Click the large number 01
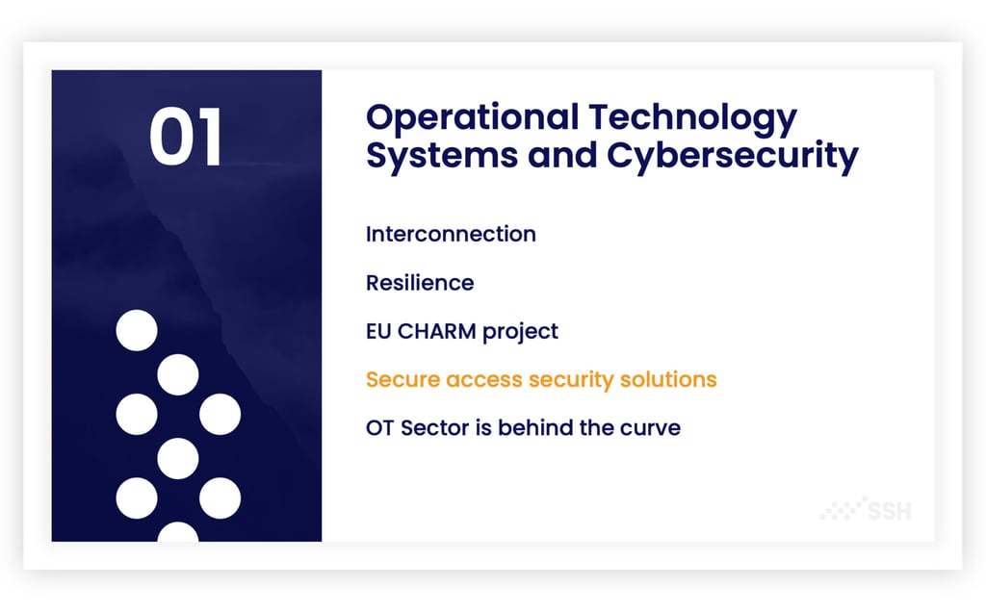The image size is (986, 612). pyautogui.click(x=186, y=137)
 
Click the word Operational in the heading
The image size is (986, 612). pyautogui.click(x=472, y=117)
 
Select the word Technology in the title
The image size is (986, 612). pyautogui.click(x=693, y=119)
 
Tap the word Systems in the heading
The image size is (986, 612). pyautogui.click(x=442, y=155)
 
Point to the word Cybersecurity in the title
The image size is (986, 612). pyautogui.click(x=733, y=155)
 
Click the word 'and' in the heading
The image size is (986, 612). pyautogui.click(x=562, y=155)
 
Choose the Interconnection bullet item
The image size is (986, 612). pyautogui.click(x=451, y=234)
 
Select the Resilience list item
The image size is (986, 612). pyautogui.click(x=420, y=283)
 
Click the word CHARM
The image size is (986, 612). pyautogui.click(x=437, y=331)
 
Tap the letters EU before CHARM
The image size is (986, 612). pyautogui.click(x=378, y=331)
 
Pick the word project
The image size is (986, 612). pyautogui.click(x=520, y=332)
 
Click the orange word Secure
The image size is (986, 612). pyautogui.click(x=402, y=379)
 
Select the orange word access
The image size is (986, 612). pyautogui.click(x=484, y=381)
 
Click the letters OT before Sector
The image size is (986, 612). pyautogui.click(x=379, y=428)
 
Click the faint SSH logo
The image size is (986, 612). pyautogui.click(x=866, y=508)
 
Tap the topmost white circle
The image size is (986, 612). pyautogui.click(x=137, y=330)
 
